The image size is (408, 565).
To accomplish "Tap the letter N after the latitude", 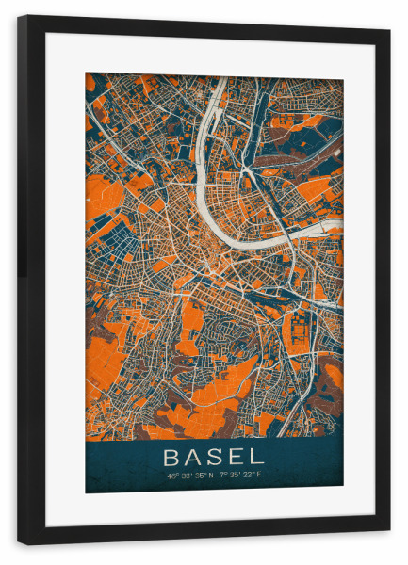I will (210, 476).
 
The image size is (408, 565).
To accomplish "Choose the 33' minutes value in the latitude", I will (184, 476).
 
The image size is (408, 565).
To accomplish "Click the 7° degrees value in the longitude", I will (222, 476).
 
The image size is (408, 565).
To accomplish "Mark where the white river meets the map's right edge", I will (342, 223).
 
